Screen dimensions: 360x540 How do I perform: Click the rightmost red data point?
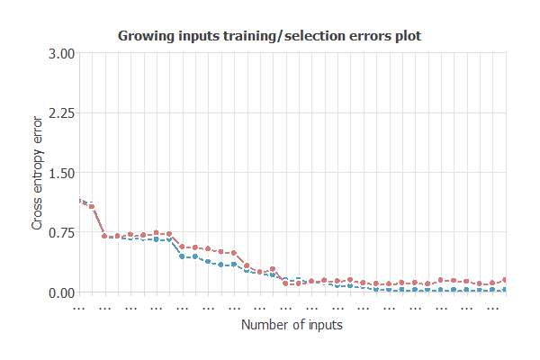pos(505,280)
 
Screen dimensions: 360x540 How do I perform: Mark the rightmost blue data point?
pos(505,290)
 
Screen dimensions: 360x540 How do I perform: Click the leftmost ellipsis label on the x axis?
pos(78,306)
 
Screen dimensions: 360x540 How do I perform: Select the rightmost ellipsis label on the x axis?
pos(492,306)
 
